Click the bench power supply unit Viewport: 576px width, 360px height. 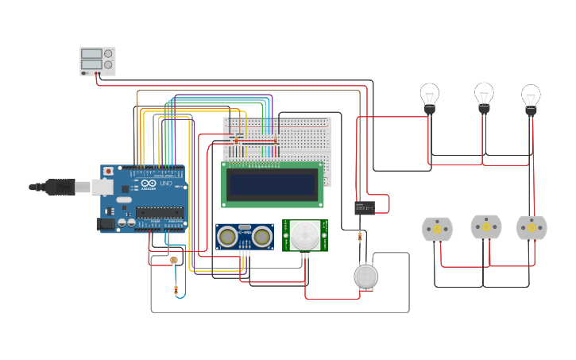[97, 61]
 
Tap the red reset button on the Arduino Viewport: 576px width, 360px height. [108, 171]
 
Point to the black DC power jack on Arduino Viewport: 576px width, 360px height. [104, 225]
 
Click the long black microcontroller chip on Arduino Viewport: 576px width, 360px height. [159, 212]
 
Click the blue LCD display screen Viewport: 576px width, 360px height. [272, 184]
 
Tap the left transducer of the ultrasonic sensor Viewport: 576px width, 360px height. [228, 236]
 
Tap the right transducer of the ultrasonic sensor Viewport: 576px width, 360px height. [261, 236]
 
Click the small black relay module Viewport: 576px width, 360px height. [365, 207]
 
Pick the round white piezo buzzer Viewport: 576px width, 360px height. [365, 276]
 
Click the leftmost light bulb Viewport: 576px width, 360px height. [430, 97]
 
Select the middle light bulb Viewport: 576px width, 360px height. [484, 96]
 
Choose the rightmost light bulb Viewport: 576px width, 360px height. [531, 99]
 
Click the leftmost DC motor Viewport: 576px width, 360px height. [437, 229]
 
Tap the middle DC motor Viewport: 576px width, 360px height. [486, 226]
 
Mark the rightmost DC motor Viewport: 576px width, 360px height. [532, 228]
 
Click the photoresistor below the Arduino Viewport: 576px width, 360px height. [174, 260]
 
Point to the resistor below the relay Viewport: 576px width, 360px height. [361, 236]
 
